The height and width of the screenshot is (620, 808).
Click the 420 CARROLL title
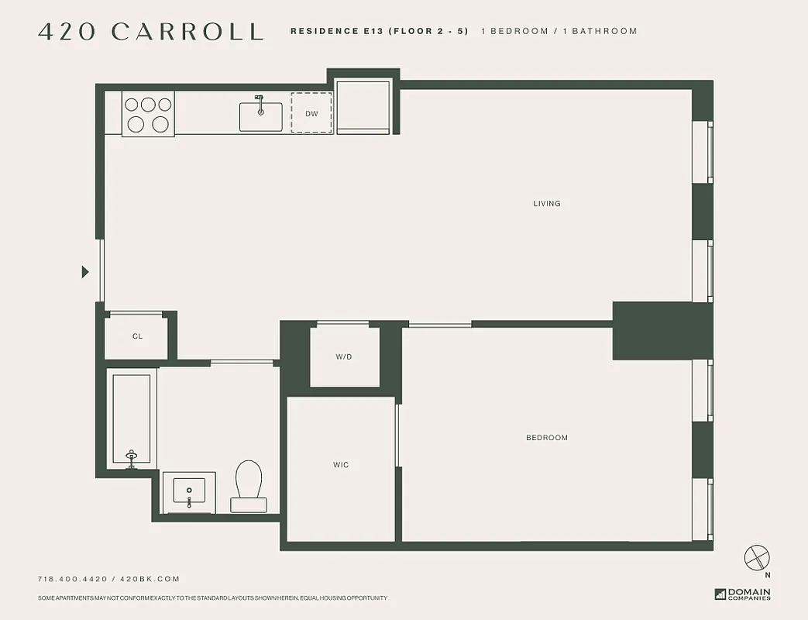click(x=150, y=32)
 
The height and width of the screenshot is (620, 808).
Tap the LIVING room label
click(x=546, y=204)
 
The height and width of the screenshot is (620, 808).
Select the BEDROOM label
click(x=547, y=438)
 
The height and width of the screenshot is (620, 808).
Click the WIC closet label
click(x=341, y=465)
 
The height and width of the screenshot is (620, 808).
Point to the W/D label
click(x=344, y=356)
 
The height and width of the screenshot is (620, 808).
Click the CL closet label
click(x=137, y=336)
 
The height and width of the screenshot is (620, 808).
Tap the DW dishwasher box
click(x=311, y=114)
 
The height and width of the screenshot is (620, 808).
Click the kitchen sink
click(x=260, y=115)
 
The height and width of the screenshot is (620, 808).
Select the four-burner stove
click(x=148, y=114)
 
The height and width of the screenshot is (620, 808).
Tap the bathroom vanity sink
click(x=189, y=494)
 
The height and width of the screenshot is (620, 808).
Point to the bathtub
click(x=132, y=419)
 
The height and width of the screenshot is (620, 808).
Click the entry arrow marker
click(x=85, y=272)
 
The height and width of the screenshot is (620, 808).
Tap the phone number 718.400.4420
click(x=73, y=579)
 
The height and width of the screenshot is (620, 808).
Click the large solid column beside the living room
click(x=661, y=331)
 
